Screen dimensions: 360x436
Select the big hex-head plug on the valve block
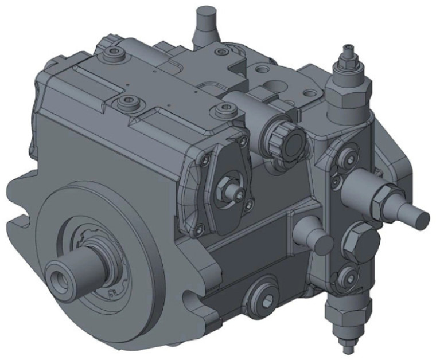click(359, 240)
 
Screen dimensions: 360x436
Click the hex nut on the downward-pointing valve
click(338, 315)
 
